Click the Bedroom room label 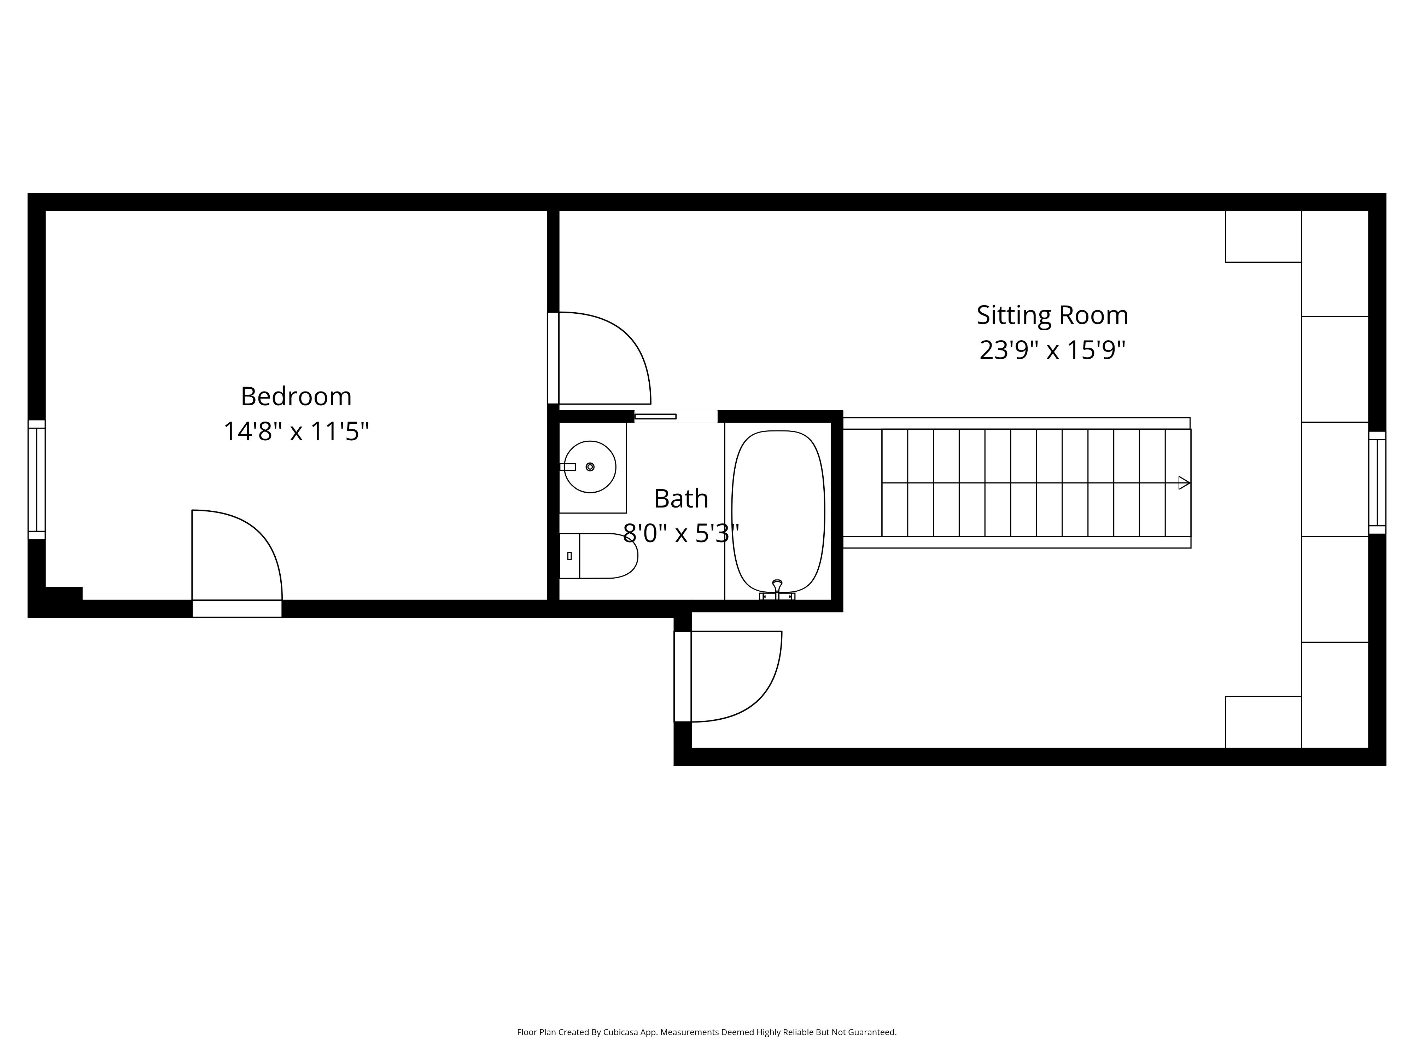pyautogui.click(x=296, y=396)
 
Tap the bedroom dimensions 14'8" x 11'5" pyautogui.click(x=296, y=432)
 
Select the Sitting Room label pyautogui.click(x=1052, y=315)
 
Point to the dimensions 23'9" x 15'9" pyautogui.click(x=1052, y=350)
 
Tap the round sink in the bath pyautogui.click(x=589, y=467)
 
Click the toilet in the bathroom pyautogui.click(x=601, y=556)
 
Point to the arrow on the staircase pyautogui.click(x=1183, y=483)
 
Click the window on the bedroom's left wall pyautogui.click(x=36, y=480)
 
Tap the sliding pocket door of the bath pyautogui.click(x=655, y=416)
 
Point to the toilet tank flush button pyautogui.click(x=569, y=556)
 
